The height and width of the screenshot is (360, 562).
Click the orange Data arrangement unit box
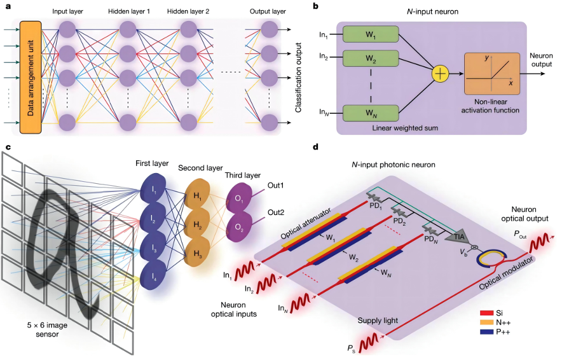pos(31,77)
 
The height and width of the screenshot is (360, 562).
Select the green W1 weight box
pos(370,34)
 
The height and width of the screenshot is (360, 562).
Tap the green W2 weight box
pos(370,59)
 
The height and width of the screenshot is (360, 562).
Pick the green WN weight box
pos(370,112)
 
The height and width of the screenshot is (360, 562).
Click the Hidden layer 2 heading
pos(188,12)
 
